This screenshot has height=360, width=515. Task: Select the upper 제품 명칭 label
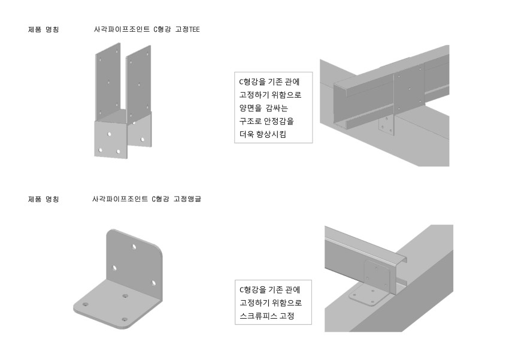click(x=43, y=29)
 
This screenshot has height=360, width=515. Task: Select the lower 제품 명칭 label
click(x=43, y=199)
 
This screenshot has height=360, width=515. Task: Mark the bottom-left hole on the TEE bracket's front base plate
click(x=101, y=150)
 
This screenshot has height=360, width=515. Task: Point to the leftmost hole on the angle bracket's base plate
click(x=85, y=305)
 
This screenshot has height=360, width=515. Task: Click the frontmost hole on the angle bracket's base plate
click(x=125, y=320)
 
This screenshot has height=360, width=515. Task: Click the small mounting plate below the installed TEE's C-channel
click(x=387, y=125)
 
